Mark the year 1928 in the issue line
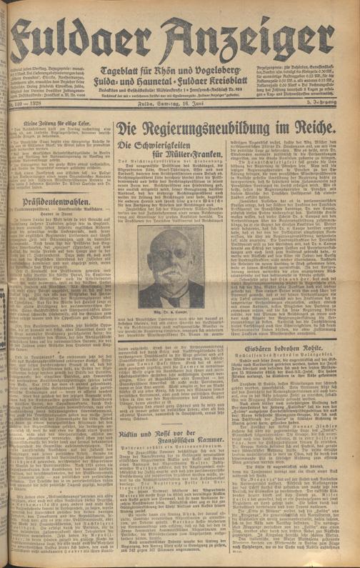tap(34, 86)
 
